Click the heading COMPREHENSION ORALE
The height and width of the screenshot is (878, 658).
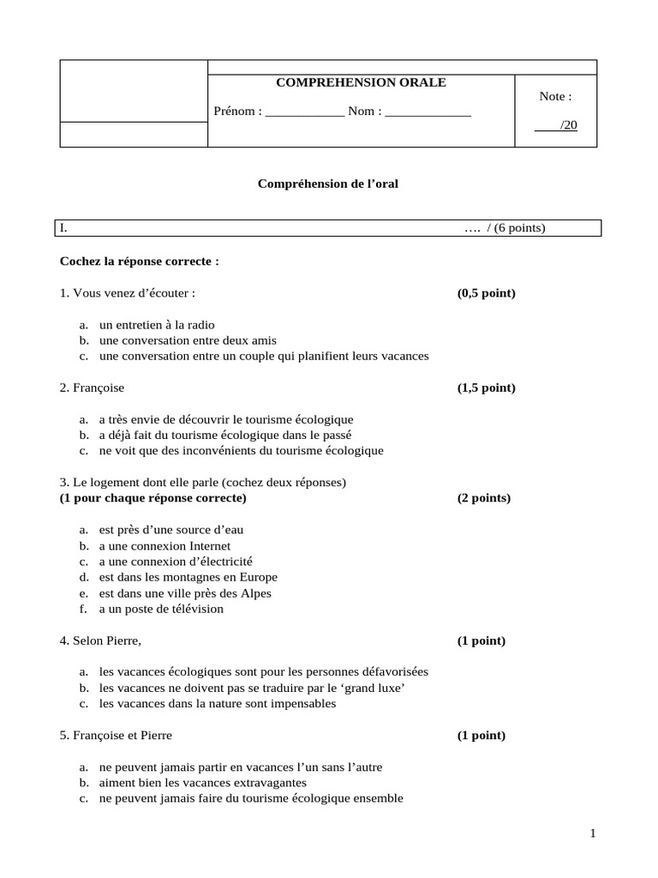[360, 82]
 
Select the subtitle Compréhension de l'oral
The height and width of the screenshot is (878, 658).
[328, 183]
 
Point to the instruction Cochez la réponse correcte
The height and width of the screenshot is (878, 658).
[139, 261]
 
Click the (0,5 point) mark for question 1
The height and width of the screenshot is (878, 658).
[486, 293]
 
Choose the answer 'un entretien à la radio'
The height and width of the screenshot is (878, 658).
[157, 325]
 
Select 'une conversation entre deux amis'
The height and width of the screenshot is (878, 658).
[188, 340]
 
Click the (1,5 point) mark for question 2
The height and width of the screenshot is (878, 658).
[486, 388]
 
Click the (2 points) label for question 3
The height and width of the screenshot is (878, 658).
[483, 498]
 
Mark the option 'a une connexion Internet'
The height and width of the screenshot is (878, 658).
[164, 545]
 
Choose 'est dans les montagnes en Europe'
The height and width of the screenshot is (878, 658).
[188, 577]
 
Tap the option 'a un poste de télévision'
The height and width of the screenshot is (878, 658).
[161, 609]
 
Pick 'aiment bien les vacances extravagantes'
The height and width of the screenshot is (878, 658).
[202, 783]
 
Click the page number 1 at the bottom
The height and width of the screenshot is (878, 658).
[592, 833]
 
